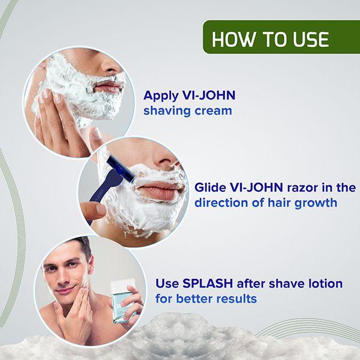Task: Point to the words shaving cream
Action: click(x=187, y=111)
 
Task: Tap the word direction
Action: click(x=220, y=203)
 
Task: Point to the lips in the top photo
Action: click(x=109, y=88)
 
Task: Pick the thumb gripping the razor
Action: click(x=93, y=210)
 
